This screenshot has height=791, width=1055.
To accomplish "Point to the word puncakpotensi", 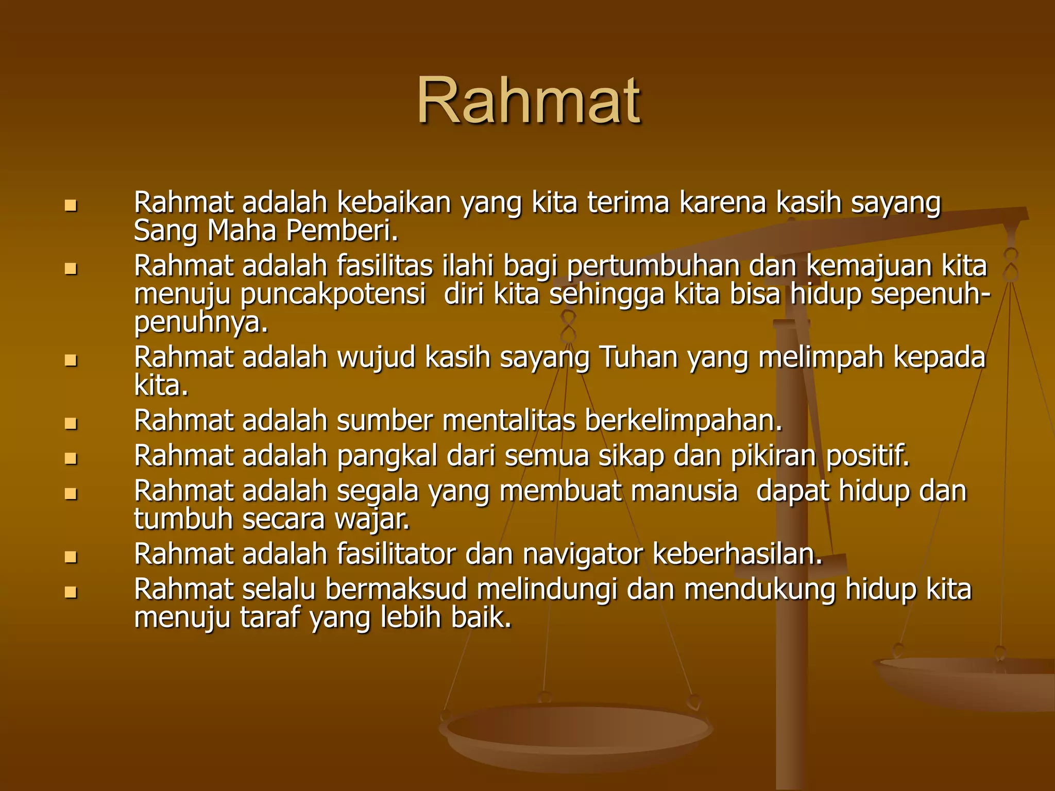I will pos(333,295).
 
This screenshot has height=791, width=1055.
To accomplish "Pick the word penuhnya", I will pos(201,323).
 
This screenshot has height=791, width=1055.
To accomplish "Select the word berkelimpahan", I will pos(684,421).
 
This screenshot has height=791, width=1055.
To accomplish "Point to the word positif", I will pos(868,456).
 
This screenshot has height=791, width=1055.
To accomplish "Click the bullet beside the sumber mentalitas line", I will pos(71,423).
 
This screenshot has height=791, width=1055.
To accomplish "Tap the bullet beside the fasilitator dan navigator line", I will pos(71,557).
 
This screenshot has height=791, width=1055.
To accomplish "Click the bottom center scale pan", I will pos(576,734).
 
